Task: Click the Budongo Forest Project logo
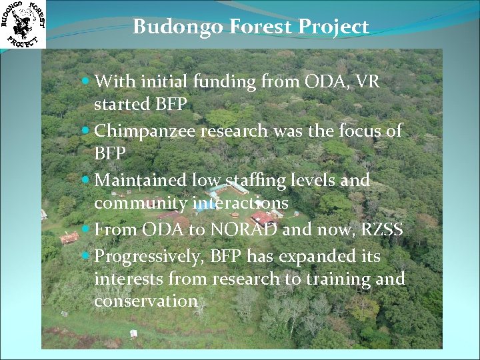pos(23,24)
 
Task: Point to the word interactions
pos(241,203)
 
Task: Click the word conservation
pos(146,301)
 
